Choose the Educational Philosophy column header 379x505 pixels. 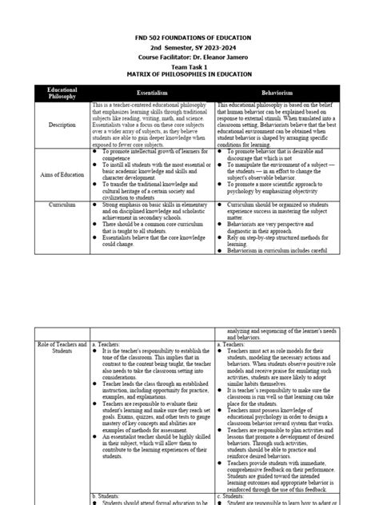pyautogui.click(x=62, y=93)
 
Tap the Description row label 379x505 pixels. pyautogui.click(x=62, y=125)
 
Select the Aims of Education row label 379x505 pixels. pyautogui.click(x=62, y=174)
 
